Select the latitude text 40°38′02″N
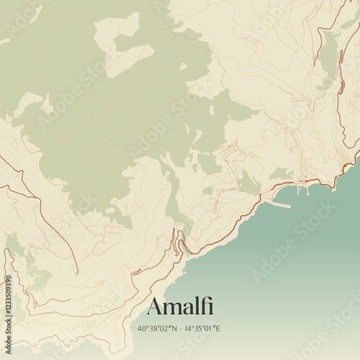[156, 328]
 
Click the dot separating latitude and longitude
[180, 328]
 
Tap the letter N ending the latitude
[173, 328]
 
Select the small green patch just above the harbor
[280, 174]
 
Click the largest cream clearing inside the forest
[130, 43]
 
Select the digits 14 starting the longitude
[188, 328]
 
